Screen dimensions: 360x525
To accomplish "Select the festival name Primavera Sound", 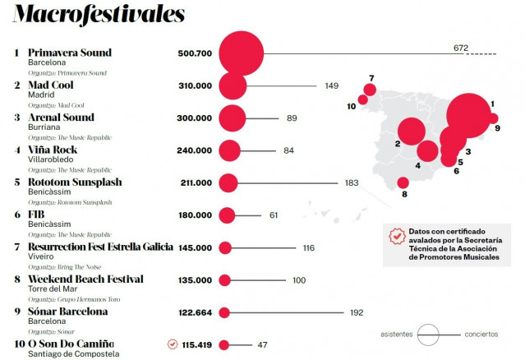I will coord(70,53).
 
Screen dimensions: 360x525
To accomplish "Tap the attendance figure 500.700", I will coord(195,53).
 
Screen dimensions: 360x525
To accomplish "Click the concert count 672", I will coord(460,48).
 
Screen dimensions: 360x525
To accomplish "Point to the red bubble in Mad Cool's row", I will coord(233,85).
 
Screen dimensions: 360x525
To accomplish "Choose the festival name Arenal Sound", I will coord(62,118).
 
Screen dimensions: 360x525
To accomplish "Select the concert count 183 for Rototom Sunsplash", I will coord(352,182).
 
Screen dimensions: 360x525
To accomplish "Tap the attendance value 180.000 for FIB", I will coord(195,215).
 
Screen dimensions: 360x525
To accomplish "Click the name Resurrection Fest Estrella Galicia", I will coord(100,247).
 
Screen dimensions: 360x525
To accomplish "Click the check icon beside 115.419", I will coord(172,344).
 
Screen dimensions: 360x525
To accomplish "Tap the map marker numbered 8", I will coord(403,183).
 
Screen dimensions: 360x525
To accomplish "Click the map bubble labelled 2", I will coord(410,131).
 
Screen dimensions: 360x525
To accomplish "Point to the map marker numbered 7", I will coord(370,90).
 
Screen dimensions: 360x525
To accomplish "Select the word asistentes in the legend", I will coord(398,335).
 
